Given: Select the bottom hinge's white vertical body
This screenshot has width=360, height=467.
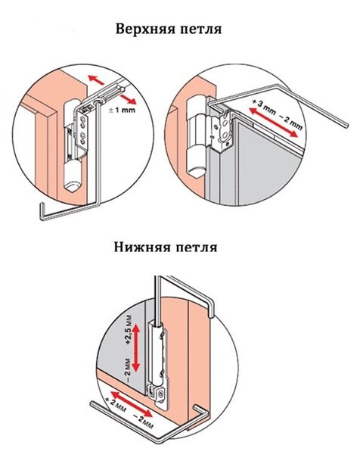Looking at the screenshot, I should click(x=156, y=352).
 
